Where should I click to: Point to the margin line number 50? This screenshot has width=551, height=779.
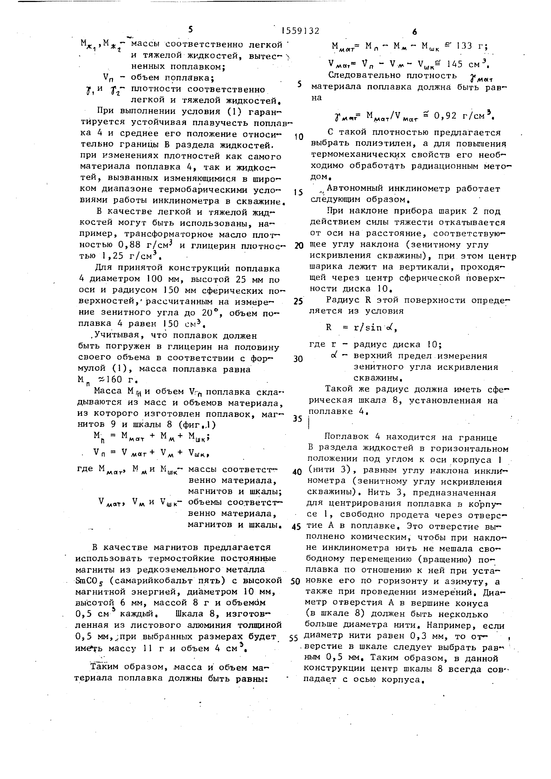295,582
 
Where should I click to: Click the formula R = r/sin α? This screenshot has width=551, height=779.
361,327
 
